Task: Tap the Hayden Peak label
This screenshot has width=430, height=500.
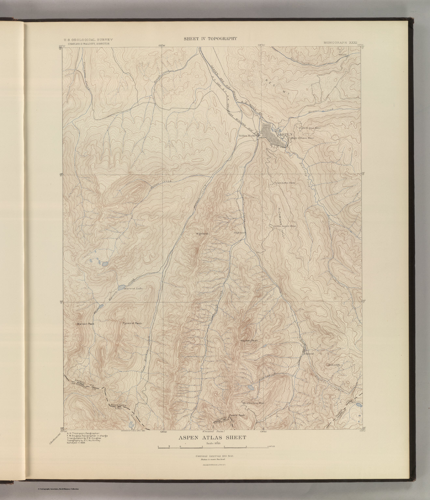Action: (249, 341)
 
